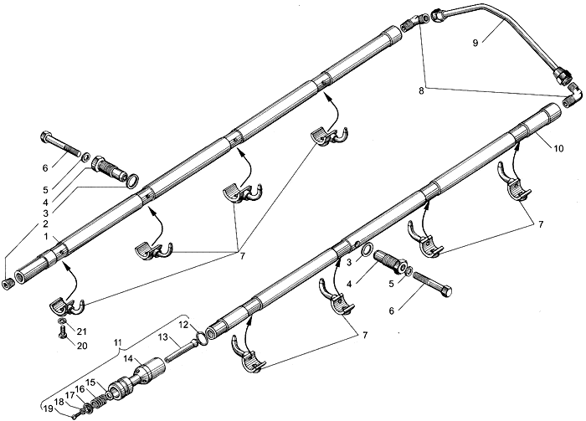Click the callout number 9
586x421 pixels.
[x=475, y=44]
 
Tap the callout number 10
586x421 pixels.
[x=558, y=149]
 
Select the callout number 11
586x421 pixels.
[x=118, y=342]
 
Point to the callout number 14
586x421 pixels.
[x=128, y=359]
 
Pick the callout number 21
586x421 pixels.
[x=82, y=331]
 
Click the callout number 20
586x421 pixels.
[x=82, y=346]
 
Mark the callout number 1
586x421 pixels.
[x=46, y=237]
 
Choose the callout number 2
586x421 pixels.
[x=45, y=224]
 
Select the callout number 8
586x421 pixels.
[x=421, y=91]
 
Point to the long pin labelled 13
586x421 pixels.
[x=180, y=351]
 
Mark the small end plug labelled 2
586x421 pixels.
[x=7, y=284]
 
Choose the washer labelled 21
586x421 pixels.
[x=63, y=321]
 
